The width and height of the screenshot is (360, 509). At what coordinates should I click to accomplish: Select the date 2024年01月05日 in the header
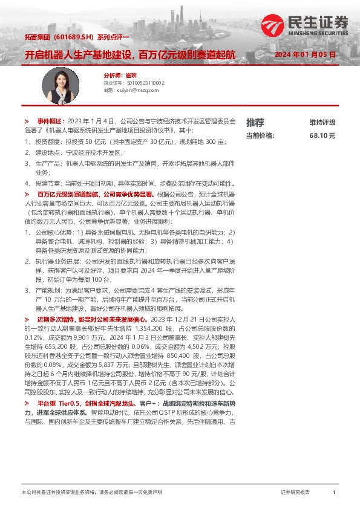click(x=305, y=55)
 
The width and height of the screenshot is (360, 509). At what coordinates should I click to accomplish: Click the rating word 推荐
click(x=255, y=122)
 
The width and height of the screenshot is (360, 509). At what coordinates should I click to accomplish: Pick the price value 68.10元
click(x=322, y=136)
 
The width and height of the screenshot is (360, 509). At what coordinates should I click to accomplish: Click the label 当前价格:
click(x=260, y=136)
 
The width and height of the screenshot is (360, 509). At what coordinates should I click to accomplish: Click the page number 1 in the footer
click(x=334, y=493)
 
